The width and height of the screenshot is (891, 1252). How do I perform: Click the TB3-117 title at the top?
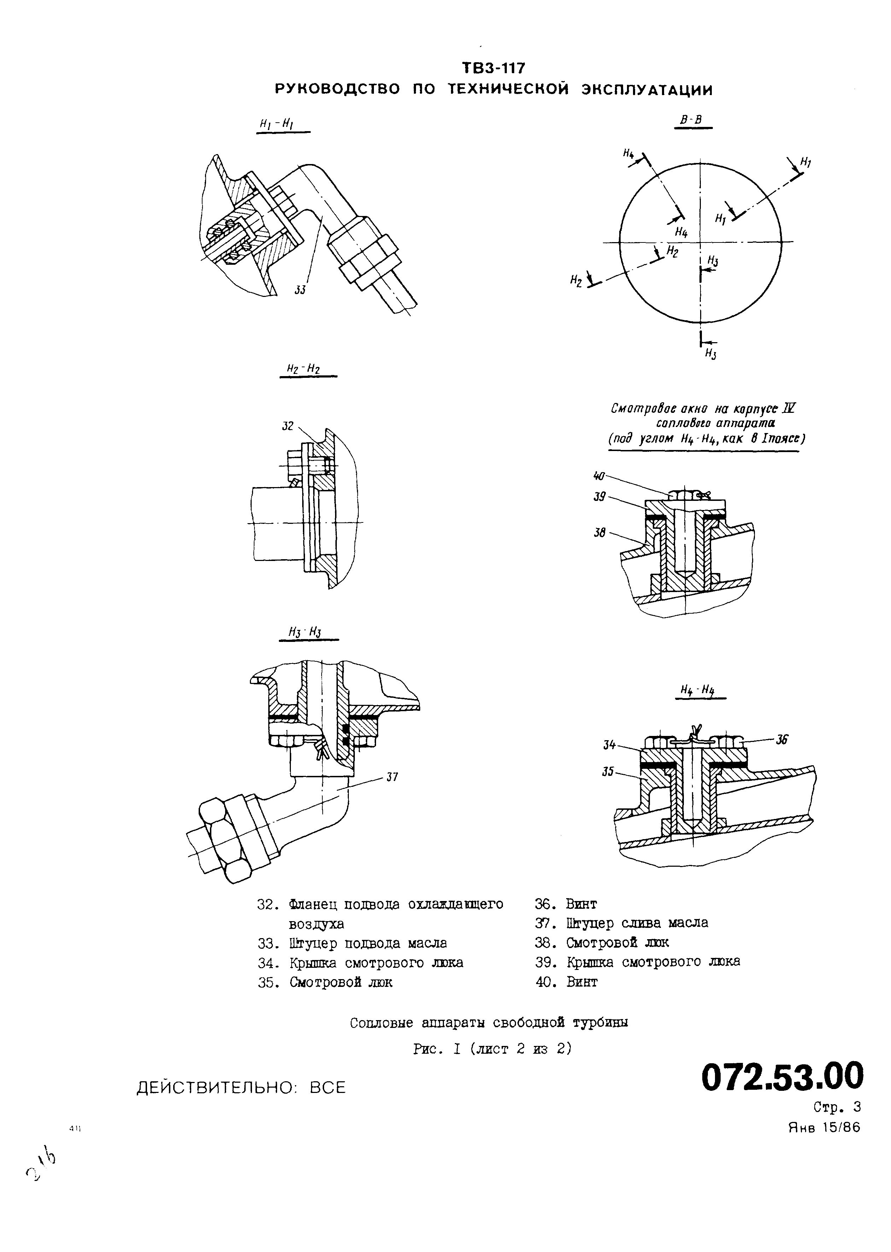[494, 68]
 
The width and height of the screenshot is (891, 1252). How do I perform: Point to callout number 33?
[300, 290]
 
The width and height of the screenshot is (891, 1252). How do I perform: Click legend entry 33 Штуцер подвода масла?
[352, 943]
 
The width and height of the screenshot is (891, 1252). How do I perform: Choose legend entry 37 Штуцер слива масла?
[622, 923]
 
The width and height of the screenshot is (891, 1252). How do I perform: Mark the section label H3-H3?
[305, 632]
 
